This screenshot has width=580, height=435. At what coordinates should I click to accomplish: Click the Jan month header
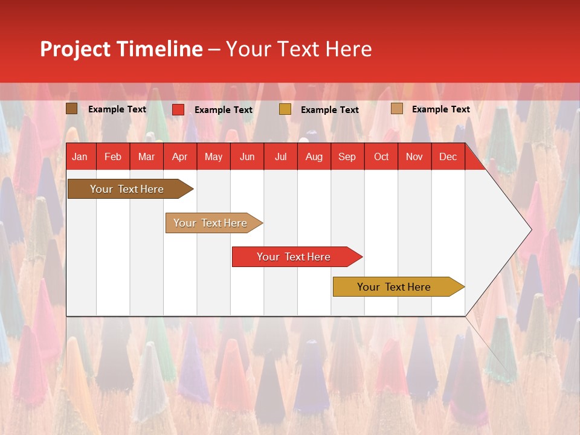coord(80,157)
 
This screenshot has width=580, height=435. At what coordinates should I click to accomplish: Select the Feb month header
coord(113,157)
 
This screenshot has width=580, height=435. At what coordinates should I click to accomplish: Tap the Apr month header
coord(179,157)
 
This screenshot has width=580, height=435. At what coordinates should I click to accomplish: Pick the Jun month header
coord(246,157)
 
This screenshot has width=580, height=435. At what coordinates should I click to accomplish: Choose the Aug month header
coord(314,157)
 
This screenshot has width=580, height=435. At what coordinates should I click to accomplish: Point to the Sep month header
coord(347,157)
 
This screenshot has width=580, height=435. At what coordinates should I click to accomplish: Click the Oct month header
coord(381,157)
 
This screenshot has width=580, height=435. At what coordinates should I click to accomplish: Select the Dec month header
coord(448,157)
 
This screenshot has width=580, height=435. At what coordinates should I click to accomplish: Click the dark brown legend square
coord(72,109)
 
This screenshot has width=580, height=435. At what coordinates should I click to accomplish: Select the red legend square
coord(178,109)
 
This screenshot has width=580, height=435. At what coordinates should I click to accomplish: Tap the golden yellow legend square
coord(285,109)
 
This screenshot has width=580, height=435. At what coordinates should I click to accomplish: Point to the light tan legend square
coord(396,109)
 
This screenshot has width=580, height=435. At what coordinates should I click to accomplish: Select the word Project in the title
coord(75,49)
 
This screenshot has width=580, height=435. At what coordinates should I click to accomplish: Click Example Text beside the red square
coord(224,110)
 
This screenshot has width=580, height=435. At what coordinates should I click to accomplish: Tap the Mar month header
coord(146,157)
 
